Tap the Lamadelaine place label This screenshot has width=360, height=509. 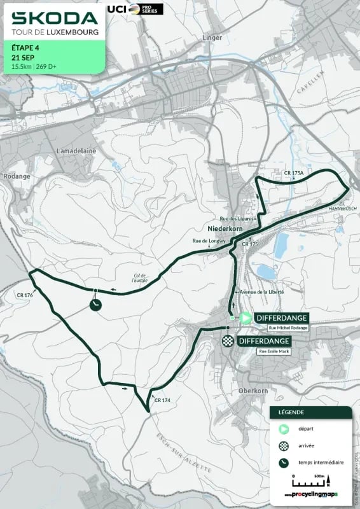(75, 151)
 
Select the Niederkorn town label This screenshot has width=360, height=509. (222, 228)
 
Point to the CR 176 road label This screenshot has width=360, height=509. (25, 295)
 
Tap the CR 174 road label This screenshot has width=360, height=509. (163, 400)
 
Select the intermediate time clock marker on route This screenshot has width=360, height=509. (95, 305)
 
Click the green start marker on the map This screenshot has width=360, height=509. (245, 317)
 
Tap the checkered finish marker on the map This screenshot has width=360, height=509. (227, 341)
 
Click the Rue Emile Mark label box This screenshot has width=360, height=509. (273, 351)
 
